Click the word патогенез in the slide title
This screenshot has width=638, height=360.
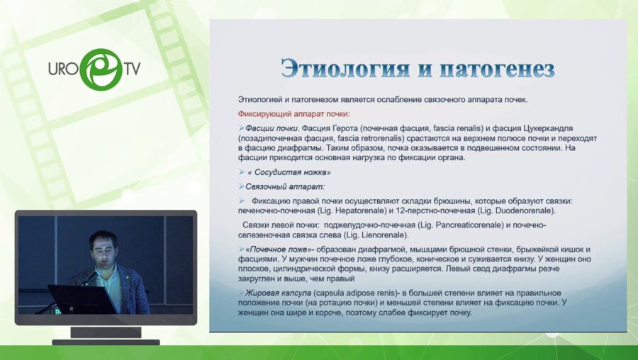pyautogui.click(x=496, y=69)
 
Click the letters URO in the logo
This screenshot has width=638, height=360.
pyautogui.click(x=63, y=69)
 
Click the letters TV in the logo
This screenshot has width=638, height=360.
pyautogui.click(x=133, y=69)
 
